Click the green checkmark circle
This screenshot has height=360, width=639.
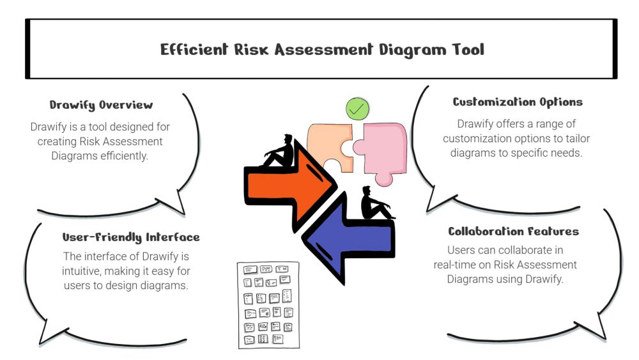click(357, 109)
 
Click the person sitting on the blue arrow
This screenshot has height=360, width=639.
click(374, 203)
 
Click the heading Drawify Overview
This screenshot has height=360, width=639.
click(101, 105)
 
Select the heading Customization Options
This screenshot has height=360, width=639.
click(518, 102)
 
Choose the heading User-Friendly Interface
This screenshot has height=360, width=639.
click(131, 237)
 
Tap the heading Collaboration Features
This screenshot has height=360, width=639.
click(514, 231)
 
